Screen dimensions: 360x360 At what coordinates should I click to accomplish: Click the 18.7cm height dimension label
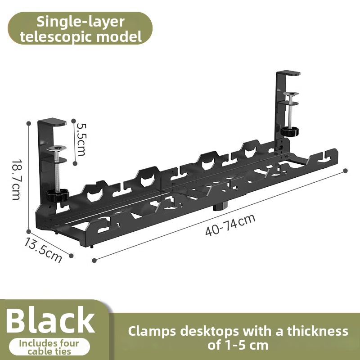pos(16,180)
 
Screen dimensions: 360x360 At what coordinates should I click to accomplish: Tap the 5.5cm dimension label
pos(81,139)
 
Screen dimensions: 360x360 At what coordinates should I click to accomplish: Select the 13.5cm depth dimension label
pos(43,250)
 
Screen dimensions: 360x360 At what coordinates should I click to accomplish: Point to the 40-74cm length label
pos(230,225)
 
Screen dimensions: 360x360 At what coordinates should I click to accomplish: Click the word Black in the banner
pos(50,320)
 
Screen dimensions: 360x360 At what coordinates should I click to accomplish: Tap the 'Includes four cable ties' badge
pos(49,347)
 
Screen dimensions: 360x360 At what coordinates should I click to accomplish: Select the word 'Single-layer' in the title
pos(81,22)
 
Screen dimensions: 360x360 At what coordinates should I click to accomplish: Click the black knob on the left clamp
pos(58,195)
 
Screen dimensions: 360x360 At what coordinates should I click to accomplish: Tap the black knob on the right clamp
pos(290,131)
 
